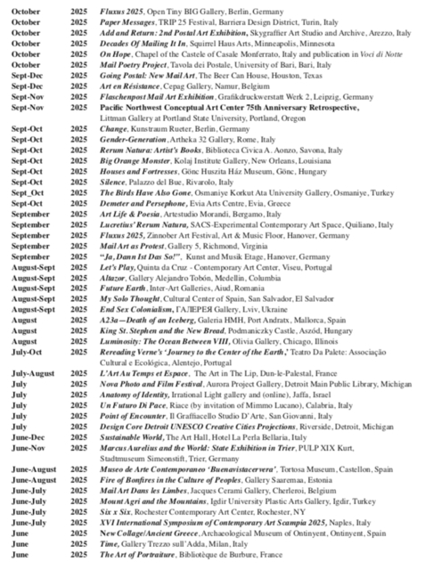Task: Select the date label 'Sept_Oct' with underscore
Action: pyautogui.click(x=27, y=215)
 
